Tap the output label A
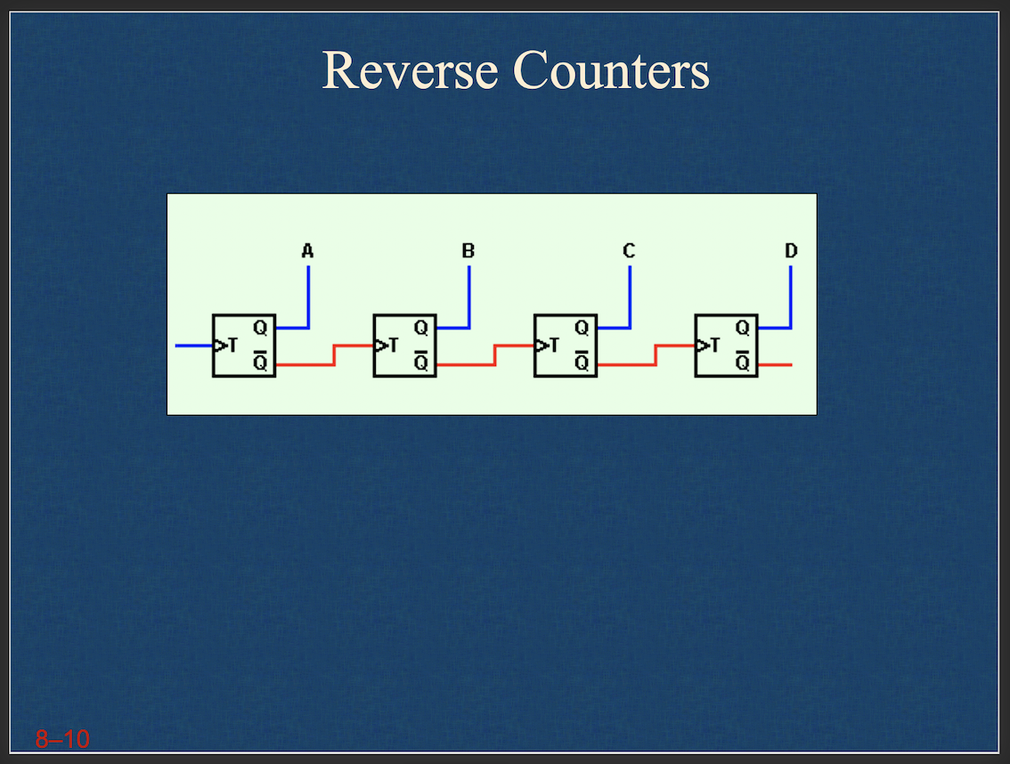(x=307, y=251)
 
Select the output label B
(x=468, y=251)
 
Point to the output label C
(x=629, y=251)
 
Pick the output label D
(x=791, y=251)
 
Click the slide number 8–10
(x=62, y=738)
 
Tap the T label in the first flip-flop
(x=233, y=345)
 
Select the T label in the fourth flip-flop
(x=716, y=345)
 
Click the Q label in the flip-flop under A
(x=260, y=328)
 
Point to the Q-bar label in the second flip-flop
(x=420, y=362)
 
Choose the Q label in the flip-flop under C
(x=582, y=328)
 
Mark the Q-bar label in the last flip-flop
(x=742, y=362)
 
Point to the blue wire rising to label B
(x=468, y=294)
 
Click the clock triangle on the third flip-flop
(x=541, y=345)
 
